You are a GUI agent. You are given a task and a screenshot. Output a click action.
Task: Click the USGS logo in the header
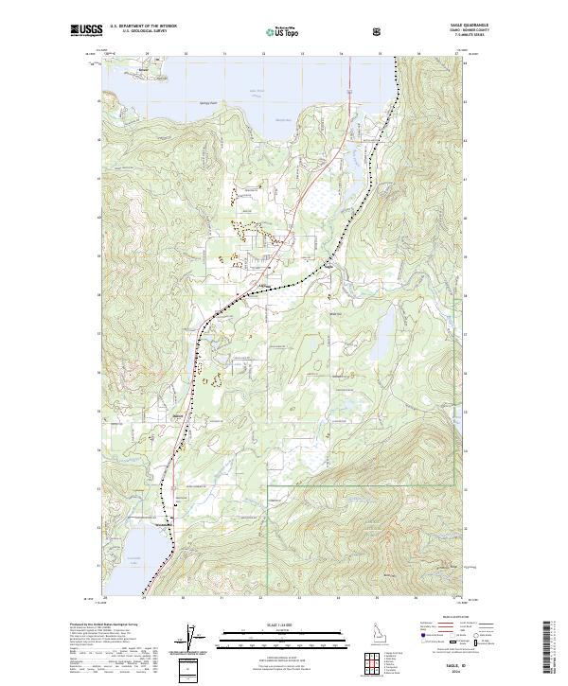click(x=87, y=31)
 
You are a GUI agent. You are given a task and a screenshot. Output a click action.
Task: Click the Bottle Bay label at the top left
click(x=144, y=70)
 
